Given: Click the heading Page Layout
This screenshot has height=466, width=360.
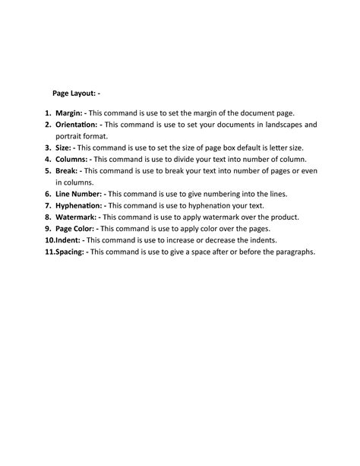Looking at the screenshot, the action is coord(73,93).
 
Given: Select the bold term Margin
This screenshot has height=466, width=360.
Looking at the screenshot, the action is coord(69,113).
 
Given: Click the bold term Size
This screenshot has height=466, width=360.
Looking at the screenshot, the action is coord(64,147).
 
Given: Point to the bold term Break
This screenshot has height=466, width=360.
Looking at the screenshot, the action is coord(67,171).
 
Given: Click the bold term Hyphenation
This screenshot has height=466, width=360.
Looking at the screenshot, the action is coord(80,205).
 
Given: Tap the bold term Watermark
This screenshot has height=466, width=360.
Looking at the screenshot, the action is coord(76,217).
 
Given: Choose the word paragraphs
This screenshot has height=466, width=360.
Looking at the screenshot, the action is coord(289,252).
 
